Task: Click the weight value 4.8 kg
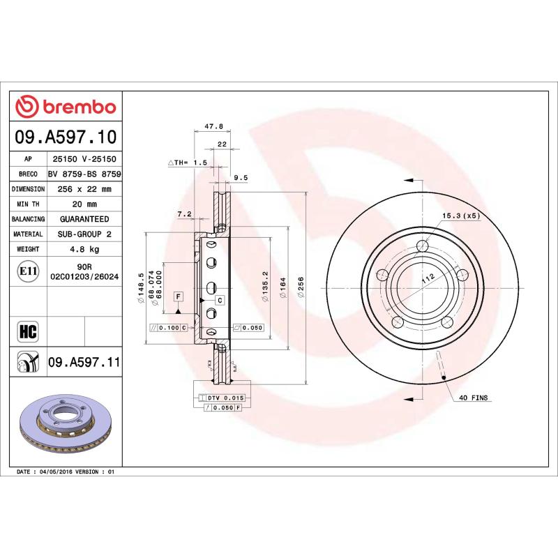[x=86, y=249]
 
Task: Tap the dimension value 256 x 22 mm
[x=86, y=189]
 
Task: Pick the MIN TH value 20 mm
[x=86, y=204]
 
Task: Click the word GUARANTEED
[x=86, y=219]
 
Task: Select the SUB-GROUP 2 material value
[x=86, y=234]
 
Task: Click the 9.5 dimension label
[x=240, y=178]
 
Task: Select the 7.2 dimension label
[x=184, y=214]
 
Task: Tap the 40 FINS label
[x=474, y=398]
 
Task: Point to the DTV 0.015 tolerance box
[x=225, y=397]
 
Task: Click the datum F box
[x=179, y=296]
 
